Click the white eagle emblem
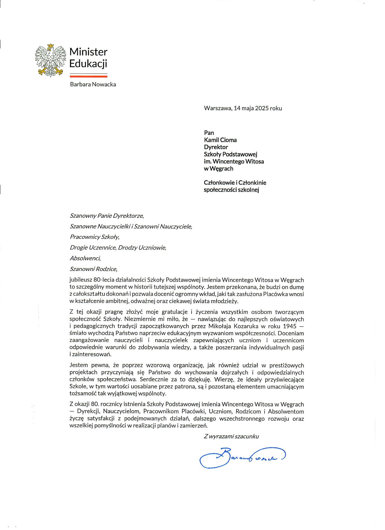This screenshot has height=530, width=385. (x=51, y=60)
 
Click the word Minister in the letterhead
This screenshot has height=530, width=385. (x=88, y=52)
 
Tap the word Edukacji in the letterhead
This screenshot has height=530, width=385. (x=88, y=64)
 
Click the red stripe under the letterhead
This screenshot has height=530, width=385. (x=88, y=76)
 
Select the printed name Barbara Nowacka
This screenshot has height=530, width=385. (x=93, y=84)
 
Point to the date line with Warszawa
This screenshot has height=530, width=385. (x=243, y=108)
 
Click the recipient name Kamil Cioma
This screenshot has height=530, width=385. (x=220, y=140)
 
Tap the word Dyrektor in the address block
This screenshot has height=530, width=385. (x=216, y=147)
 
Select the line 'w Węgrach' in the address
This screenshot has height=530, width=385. (x=219, y=168)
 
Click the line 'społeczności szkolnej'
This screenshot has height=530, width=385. (x=232, y=190)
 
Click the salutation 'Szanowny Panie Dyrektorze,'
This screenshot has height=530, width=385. (x=107, y=216)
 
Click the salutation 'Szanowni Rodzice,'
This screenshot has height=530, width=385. (x=93, y=269)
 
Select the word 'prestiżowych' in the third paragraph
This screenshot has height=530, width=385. (x=287, y=365)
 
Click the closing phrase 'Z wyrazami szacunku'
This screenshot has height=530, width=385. (x=231, y=436)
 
